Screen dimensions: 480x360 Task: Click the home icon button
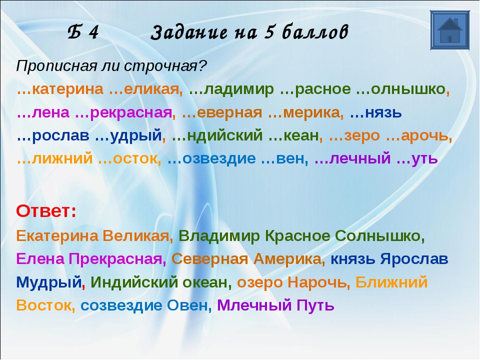click(x=449, y=30)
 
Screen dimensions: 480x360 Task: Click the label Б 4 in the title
click(x=83, y=32)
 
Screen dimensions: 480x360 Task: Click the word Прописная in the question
click(x=57, y=66)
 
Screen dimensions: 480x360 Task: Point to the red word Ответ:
click(x=46, y=211)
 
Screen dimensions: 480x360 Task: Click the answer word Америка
click(x=289, y=259)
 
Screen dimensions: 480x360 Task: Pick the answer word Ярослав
click(x=414, y=259)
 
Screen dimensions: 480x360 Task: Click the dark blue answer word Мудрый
click(x=49, y=282)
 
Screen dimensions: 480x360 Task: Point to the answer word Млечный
click(x=254, y=305)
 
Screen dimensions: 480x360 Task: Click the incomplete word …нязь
click(x=375, y=112)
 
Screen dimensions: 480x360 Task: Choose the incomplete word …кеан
click(x=294, y=135)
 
